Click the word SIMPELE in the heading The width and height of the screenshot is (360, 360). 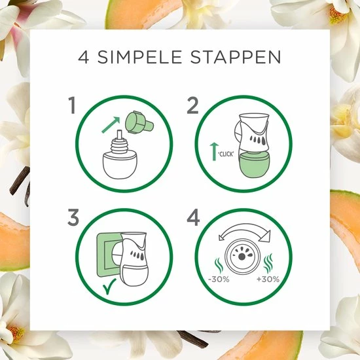(140, 57)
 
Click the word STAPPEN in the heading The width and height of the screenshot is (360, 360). (236, 57)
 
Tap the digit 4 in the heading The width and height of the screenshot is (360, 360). (84, 58)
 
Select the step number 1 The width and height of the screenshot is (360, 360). (73, 105)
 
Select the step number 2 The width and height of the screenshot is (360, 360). (192, 105)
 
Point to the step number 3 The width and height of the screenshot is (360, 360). (73, 217)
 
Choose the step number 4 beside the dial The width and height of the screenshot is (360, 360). (193, 217)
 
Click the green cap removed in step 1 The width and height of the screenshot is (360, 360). (139, 122)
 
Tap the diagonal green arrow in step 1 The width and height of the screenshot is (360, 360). (111, 124)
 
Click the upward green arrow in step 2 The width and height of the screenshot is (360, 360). (214, 151)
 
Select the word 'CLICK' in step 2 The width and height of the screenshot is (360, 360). (226, 154)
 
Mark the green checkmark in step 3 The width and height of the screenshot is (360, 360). (109, 286)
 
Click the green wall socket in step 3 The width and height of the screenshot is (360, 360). (108, 255)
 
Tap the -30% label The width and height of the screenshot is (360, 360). (219, 279)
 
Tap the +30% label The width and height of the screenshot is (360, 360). (268, 279)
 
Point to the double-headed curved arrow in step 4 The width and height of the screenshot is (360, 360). (245, 226)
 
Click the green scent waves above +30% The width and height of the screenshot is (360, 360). (268, 263)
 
